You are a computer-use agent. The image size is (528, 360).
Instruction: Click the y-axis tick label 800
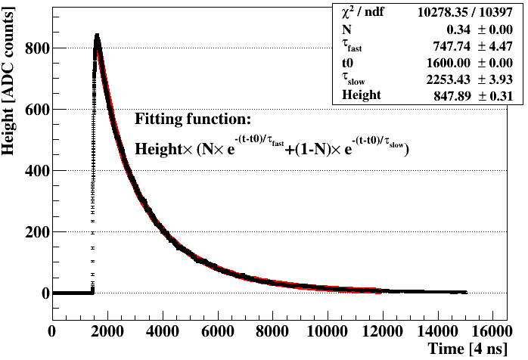(36, 48)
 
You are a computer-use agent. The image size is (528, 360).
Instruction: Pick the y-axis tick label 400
(36, 170)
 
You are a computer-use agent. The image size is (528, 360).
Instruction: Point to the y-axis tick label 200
(36, 231)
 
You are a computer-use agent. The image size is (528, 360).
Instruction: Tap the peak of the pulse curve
(97, 35)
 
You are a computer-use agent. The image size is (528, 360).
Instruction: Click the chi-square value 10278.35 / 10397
(471, 12)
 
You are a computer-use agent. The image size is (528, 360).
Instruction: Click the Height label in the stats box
(361, 95)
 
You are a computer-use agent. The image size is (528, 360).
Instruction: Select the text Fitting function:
(192, 119)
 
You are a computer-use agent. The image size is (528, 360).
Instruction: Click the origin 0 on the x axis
(52, 331)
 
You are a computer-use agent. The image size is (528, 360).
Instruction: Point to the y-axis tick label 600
(36, 109)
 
